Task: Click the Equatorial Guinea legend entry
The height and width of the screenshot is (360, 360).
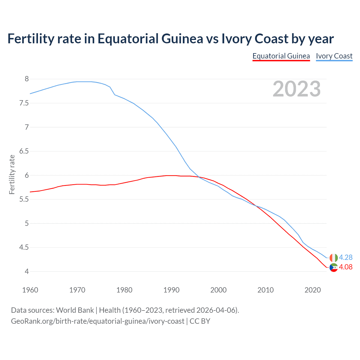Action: [x=281, y=56]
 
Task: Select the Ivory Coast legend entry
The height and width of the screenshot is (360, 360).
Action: [x=334, y=56]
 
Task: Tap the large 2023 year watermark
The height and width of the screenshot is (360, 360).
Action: [x=296, y=89]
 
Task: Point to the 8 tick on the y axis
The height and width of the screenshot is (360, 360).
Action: [x=27, y=79]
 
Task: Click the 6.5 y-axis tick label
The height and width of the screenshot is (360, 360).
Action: [x=24, y=151]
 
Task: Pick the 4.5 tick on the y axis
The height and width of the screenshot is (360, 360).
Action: [x=24, y=247]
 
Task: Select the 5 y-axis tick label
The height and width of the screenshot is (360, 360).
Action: [x=27, y=224]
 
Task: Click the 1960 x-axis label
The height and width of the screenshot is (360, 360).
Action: [x=30, y=290]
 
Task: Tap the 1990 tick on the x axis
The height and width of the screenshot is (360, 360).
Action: [x=171, y=290]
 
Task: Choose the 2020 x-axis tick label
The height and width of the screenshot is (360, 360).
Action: [x=312, y=290]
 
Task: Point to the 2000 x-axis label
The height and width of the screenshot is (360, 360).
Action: [x=218, y=290]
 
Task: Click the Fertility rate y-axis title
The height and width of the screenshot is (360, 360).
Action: [x=12, y=175]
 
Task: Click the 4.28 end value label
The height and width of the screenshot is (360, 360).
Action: [x=346, y=257]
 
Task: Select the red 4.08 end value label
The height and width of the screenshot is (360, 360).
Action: [x=346, y=267]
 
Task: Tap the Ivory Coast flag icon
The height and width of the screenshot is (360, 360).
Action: [x=333, y=258]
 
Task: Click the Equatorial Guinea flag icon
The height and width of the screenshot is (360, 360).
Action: [x=333, y=267]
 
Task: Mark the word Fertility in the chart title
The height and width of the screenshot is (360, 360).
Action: [x=30, y=39]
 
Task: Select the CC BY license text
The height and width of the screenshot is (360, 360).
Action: [x=200, y=321]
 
